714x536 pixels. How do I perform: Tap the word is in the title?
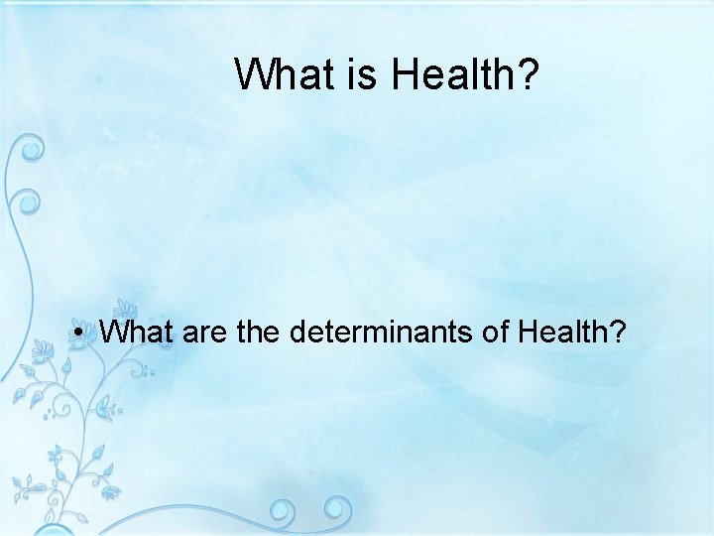(x=362, y=73)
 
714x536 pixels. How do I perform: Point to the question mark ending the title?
(x=526, y=73)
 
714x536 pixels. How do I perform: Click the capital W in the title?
(x=254, y=73)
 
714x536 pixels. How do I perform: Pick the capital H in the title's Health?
(x=404, y=73)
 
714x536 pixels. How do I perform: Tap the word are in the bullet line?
(x=205, y=333)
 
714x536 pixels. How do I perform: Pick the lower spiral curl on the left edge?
(x=29, y=201)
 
